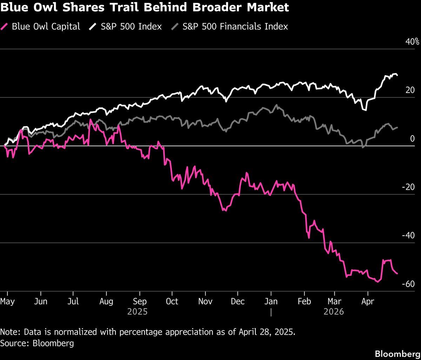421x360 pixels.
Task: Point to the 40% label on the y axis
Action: [412, 42]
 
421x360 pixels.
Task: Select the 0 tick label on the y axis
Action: [412, 139]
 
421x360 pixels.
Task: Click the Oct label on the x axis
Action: [172, 301]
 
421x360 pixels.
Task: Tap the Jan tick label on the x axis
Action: [271, 301]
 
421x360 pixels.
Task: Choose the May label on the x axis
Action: [7, 301]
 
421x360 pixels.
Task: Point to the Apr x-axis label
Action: [368, 301]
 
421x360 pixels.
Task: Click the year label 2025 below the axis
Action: [138, 312]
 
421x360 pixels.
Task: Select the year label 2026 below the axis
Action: [334, 312]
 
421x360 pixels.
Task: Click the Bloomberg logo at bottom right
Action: [397, 354]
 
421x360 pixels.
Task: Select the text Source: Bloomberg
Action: [37, 343]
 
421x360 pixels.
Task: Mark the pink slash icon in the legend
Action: [5, 26]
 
